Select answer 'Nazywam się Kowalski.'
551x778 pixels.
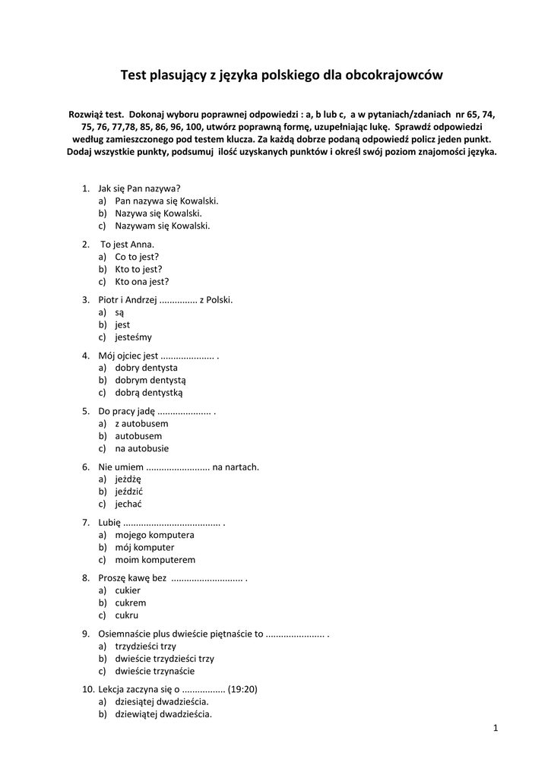pyautogui.click(x=162, y=226)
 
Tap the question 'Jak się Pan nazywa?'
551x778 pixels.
pyautogui.click(x=139, y=188)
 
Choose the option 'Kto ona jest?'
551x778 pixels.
pyautogui.click(x=141, y=281)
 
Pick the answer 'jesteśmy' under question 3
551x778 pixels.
pyautogui.click(x=133, y=337)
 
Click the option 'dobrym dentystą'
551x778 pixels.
pyautogui.click(x=150, y=380)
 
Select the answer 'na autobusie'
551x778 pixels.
pyautogui.click(x=141, y=448)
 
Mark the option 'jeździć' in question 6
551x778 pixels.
pyautogui.click(x=128, y=492)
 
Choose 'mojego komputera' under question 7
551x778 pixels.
pyautogui.click(x=154, y=535)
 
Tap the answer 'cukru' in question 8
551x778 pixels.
pyautogui.click(x=126, y=615)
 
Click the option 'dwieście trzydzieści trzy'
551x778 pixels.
pyautogui.click(x=164, y=659)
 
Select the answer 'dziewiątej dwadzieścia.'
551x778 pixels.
pyautogui.click(x=163, y=714)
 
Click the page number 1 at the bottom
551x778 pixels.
pyautogui.click(x=496, y=729)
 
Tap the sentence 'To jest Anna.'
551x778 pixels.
pyautogui.click(x=128, y=245)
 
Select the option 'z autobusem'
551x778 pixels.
pyautogui.click(x=141, y=423)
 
